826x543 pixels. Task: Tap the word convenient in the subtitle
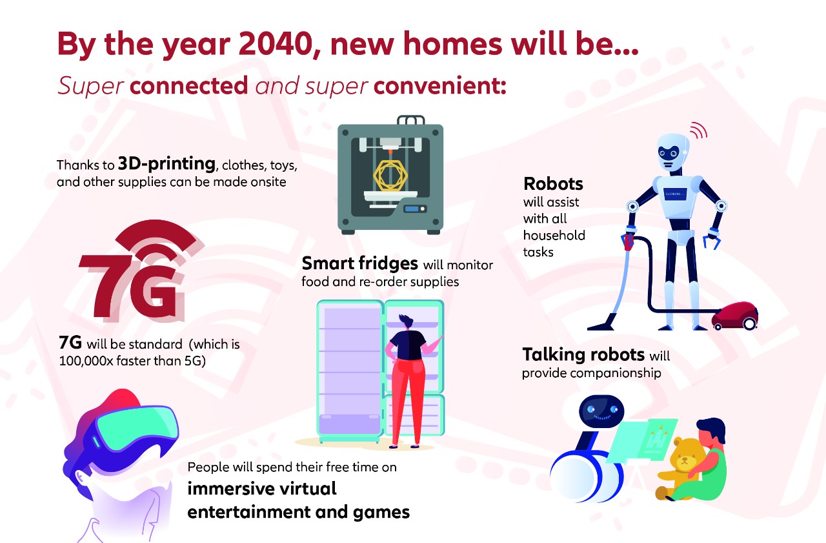tap(440, 86)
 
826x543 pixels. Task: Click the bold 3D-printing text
tap(166, 163)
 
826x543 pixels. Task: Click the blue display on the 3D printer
tap(412, 209)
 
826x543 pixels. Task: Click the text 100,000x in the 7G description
tap(86, 361)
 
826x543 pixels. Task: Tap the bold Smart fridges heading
tap(360, 263)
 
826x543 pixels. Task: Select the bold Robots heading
tap(553, 184)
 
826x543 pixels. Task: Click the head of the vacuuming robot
tap(673, 152)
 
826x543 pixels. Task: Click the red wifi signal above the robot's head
tap(698, 130)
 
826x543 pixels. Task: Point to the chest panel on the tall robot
tap(675, 194)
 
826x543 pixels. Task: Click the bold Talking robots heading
tap(583, 355)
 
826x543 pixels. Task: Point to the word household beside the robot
tap(554, 236)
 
